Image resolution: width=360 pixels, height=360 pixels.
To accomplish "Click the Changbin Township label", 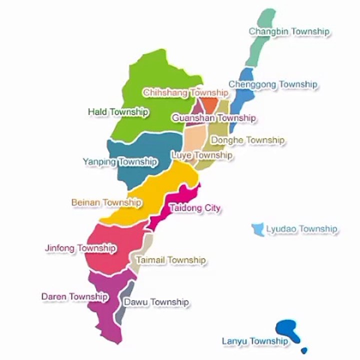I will pos(289,31).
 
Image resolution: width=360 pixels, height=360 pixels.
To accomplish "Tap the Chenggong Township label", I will pos(272,84).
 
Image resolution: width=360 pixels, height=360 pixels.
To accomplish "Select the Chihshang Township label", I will pos(185,93).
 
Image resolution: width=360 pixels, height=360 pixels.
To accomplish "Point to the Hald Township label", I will pos(118,112).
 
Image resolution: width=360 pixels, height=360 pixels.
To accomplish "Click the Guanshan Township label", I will pos(213,118).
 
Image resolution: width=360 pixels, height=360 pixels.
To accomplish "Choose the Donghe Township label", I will pos(247,140).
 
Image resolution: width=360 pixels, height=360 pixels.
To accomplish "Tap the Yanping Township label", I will pos(119,162).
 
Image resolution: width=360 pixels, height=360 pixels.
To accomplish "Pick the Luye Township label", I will pos(201,155).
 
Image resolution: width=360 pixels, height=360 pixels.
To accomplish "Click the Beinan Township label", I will pos(106,202).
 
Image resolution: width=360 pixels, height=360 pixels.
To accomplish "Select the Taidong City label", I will pos(195,207).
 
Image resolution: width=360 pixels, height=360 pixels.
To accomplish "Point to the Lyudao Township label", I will pos(301,229).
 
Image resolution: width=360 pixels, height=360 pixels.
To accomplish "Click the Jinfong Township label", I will pos(80,248).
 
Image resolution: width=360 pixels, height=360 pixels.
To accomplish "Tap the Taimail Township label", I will pos(170,260).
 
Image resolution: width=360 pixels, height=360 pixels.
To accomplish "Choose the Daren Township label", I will pos(74,296).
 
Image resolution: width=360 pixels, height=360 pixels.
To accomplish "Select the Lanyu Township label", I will pos(255,341).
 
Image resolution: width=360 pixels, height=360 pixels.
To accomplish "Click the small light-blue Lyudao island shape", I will pos(258,229).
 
